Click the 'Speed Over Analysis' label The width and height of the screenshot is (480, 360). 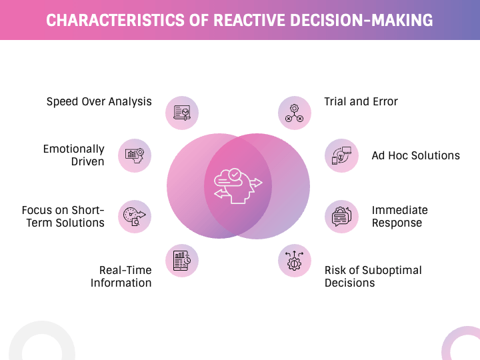[99, 102]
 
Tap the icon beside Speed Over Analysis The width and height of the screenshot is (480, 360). [182, 113]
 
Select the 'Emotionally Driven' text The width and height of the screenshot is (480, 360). [73, 155]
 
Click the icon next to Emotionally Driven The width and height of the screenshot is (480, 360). [135, 155]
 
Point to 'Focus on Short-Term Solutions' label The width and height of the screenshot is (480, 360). [63, 216]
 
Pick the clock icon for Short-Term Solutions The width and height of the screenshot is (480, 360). [135, 216]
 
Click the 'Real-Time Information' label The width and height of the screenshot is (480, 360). [121, 276]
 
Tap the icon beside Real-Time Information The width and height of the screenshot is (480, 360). [182, 260]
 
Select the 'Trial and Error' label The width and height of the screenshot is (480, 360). [361, 102]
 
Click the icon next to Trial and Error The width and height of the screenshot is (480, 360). [295, 113]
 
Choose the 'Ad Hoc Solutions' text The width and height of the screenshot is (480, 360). [415, 155]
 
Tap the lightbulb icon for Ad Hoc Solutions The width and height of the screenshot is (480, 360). [342, 155]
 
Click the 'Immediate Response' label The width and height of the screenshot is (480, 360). [399, 216]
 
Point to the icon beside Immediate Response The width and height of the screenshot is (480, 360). [342, 216]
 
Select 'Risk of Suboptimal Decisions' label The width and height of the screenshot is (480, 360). [373, 276]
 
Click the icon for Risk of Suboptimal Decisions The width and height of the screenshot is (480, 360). [295, 260]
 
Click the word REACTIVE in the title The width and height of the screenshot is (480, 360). [249, 20]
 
